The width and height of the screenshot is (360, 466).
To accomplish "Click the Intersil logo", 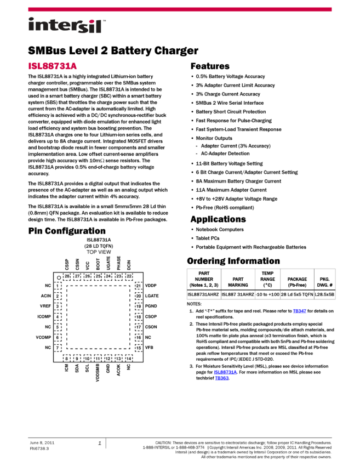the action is coord(67,26).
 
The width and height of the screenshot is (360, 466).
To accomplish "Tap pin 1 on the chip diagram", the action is coord(58,286).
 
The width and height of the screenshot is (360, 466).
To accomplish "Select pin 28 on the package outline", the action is coord(67,277).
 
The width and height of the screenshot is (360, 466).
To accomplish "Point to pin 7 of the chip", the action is coord(58,348).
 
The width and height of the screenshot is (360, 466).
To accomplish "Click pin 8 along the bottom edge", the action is coord(67,358).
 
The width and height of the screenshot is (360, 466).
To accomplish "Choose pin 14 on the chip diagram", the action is coord(129,358).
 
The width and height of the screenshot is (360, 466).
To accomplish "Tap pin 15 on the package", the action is coord(139,348).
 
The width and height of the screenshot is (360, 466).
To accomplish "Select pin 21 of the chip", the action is coord(139,286).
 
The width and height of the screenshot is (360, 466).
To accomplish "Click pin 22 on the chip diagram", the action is coord(129,277).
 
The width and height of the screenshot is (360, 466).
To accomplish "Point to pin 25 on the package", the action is coord(98,277).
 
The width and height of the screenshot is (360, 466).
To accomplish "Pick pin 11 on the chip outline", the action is coord(98,358).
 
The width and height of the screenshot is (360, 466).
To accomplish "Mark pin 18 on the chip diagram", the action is coord(139,317).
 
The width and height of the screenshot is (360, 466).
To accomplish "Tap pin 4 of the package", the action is coord(58,317).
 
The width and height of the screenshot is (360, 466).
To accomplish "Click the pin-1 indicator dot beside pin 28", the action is coord(59,278).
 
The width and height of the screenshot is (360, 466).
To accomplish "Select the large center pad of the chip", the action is coord(98,317).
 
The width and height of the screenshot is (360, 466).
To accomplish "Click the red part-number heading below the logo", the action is coord(53,66).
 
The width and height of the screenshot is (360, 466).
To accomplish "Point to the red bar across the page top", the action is coord(180,9).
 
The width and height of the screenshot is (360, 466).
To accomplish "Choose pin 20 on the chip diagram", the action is coord(139,296).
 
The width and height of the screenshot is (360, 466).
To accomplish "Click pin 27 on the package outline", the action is coord(77,277).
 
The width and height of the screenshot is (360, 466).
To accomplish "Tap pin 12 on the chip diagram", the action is coord(108,358).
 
